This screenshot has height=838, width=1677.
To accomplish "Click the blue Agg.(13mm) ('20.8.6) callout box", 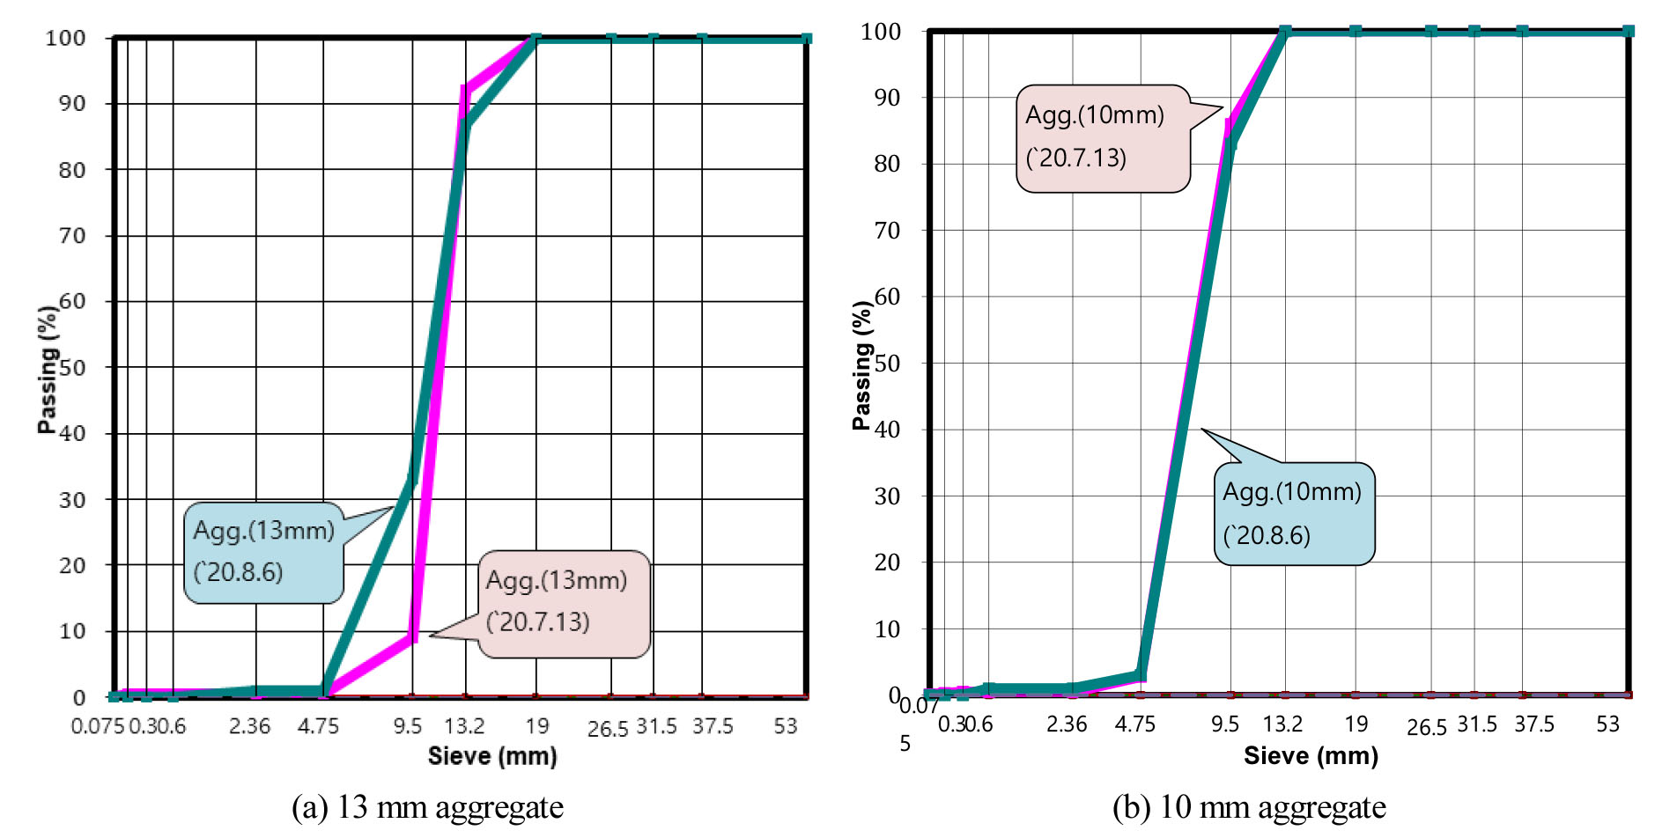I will pyautogui.click(x=262, y=552).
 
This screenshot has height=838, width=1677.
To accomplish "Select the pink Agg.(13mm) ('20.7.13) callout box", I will pyautogui.click(x=564, y=603).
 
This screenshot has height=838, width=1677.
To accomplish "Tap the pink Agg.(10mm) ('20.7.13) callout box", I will pyautogui.click(x=1103, y=138).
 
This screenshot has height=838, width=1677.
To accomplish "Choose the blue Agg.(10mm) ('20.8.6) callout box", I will pyautogui.click(x=1293, y=514).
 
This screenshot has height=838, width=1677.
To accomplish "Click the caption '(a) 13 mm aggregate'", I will pyautogui.click(x=427, y=807).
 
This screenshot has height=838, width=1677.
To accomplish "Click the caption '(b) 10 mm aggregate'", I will pyautogui.click(x=1249, y=807).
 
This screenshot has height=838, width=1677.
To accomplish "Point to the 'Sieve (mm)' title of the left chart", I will pyautogui.click(x=492, y=756).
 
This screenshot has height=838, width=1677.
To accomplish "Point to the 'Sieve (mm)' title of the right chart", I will pyautogui.click(x=1311, y=756).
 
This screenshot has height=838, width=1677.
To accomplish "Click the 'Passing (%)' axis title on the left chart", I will pyautogui.click(x=48, y=370).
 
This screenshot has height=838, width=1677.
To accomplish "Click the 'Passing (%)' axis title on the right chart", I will pyautogui.click(x=862, y=365).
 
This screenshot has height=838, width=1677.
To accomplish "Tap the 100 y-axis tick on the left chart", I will pyautogui.click(x=66, y=38).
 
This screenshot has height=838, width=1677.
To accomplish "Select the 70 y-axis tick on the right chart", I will pyautogui.click(x=887, y=231).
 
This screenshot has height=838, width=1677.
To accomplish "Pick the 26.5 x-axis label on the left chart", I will pyautogui.click(x=608, y=729).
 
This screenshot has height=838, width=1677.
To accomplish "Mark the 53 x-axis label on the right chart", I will pyautogui.click(x=1608, y=724).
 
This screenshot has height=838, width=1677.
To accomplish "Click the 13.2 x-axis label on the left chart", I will pyautogui.click(x=464, y=726).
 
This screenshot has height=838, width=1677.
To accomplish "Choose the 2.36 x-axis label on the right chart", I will pyautogui.click(x=1067, y=724).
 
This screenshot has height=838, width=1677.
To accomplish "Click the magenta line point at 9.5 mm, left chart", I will pyautogui.click(x=413, y=637).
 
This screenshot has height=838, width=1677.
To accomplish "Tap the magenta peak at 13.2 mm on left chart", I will pyautogui.click(x=465, y=88).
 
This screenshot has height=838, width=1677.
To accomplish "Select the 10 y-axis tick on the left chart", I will pyautogui.click(x=72, y=631).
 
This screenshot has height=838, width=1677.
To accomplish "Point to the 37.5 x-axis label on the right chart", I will pyautogui.click(x=1534, y=724).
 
